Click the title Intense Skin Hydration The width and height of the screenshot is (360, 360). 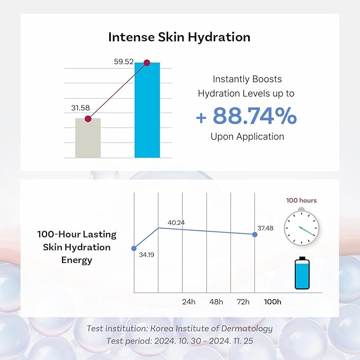tap(179, 37)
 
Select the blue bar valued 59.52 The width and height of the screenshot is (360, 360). tap(147, 111)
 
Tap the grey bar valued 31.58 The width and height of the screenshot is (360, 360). tap(88, 138)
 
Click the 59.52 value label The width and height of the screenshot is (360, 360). tap(124, 62)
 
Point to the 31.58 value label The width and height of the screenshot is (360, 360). tap(81, 108)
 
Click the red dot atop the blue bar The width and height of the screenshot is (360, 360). tap(147, 63)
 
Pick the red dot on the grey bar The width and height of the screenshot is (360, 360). tap(88, 119)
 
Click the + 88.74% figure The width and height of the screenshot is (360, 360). tap(247, 116)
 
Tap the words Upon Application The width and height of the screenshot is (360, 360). tap(247, 136)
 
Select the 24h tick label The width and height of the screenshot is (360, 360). tap(189, 302)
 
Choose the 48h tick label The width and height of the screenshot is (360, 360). tap(216, 302)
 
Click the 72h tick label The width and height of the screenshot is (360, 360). tap(243, 302)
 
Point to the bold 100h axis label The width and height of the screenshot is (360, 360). tap(273, 302)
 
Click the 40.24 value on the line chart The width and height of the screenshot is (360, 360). tap(176, 223)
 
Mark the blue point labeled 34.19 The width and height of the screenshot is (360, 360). tap(134, 248)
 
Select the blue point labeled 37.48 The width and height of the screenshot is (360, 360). tap(255, 234)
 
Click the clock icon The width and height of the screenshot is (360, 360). tap(301, 227)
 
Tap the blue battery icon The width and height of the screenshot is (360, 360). tap(302, 273)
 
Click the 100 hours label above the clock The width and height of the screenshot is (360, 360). tap(301, 200)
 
